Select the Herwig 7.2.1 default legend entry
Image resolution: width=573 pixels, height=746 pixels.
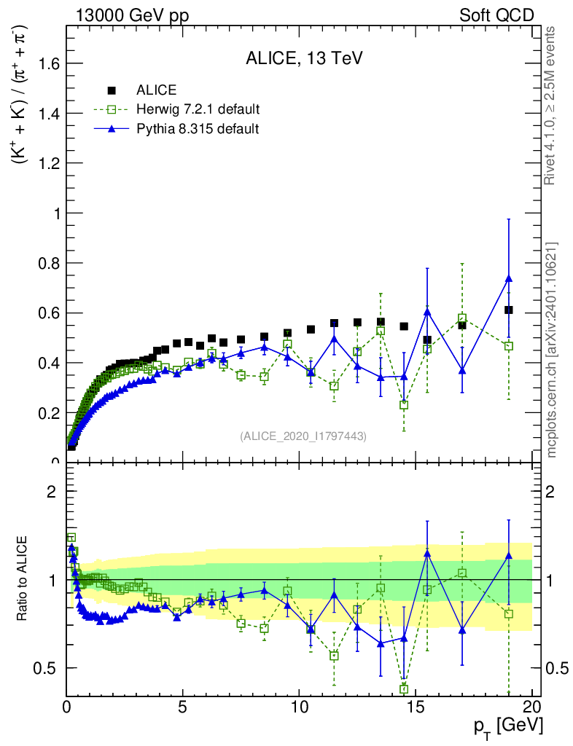coord(198,109)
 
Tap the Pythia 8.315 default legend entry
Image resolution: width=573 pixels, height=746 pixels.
coord(197,129)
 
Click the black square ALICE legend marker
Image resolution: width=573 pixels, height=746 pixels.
coord(112,90)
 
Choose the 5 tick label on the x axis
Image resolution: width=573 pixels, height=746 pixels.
coord(183,707)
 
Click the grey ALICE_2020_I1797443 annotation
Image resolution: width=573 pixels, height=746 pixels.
coord(303,436)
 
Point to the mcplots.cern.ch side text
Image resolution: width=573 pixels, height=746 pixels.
coord(553,350)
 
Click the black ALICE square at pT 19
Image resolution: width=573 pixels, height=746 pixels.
coord(509,310)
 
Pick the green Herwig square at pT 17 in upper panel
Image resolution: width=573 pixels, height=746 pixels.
coord(462,318)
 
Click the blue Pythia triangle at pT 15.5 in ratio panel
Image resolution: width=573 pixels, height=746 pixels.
coord(427,554)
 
